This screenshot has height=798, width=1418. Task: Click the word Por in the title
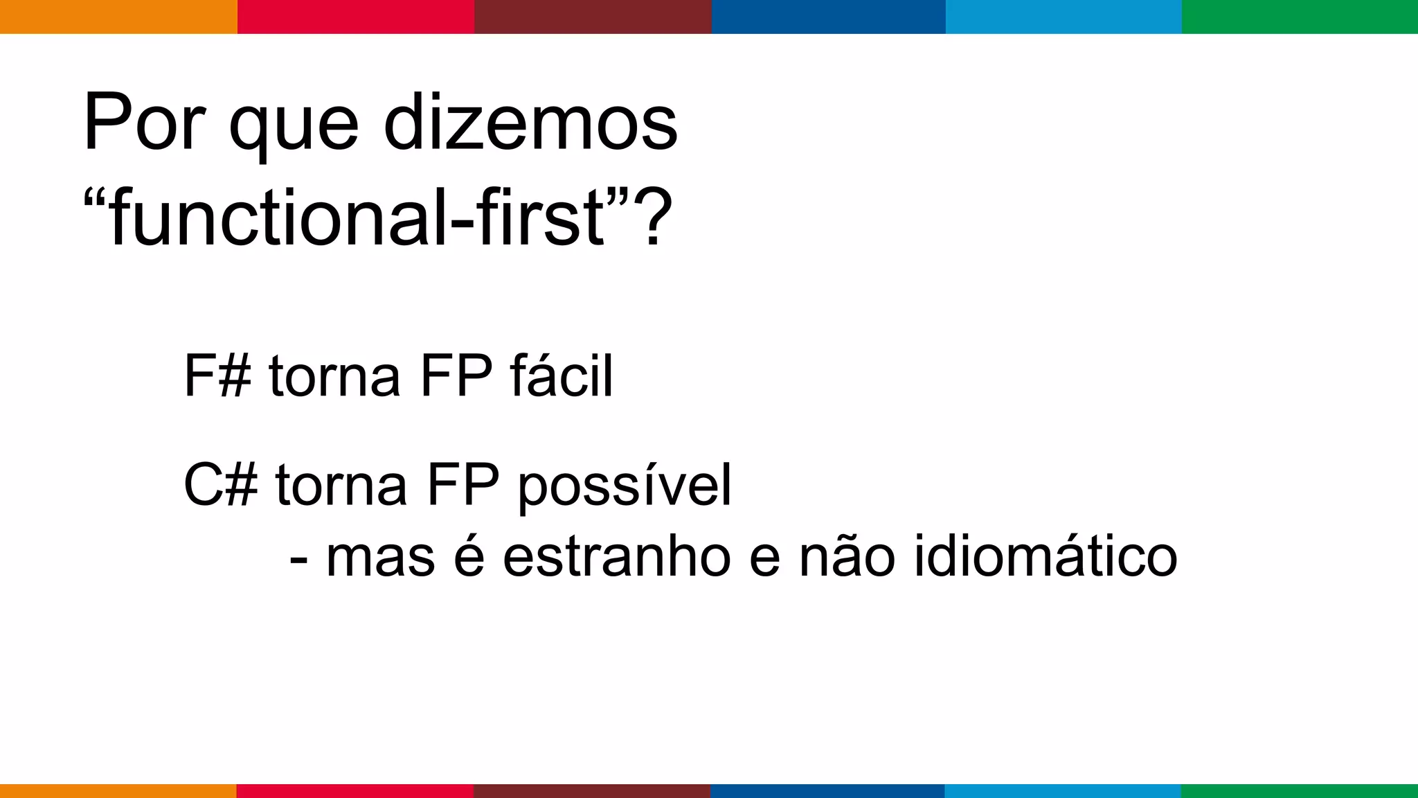(144, 123)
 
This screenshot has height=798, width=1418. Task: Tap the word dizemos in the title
(530, 123)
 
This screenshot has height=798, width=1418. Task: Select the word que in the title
(294, 128)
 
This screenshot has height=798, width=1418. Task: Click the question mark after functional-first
(654, 218)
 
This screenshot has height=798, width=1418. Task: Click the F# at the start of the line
(217, 376)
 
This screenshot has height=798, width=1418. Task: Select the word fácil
(562, 376)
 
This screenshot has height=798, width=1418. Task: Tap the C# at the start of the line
(220, 485)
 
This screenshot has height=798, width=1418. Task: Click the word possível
(625, 487)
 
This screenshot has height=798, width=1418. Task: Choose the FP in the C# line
(463, 485)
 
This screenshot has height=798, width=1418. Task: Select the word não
(847, 557)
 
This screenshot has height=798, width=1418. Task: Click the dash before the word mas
(298, 560)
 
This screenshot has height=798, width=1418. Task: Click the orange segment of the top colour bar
(118, 17)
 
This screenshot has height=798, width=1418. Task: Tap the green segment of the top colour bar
(1300, 17)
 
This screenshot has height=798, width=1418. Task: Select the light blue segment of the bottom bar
(1063, 790)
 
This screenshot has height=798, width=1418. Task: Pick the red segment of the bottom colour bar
(355, 790)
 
